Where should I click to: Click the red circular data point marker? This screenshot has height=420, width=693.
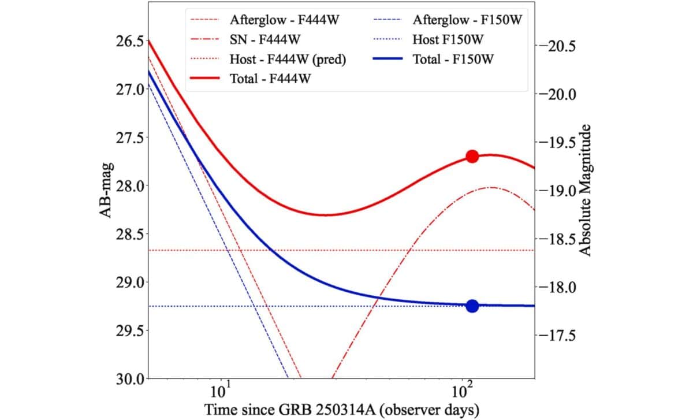point(472,157)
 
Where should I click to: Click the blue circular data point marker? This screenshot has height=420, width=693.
point(472,306)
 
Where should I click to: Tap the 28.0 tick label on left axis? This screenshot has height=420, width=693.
point(128,186)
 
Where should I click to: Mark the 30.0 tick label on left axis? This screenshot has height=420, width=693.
point(128,379)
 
